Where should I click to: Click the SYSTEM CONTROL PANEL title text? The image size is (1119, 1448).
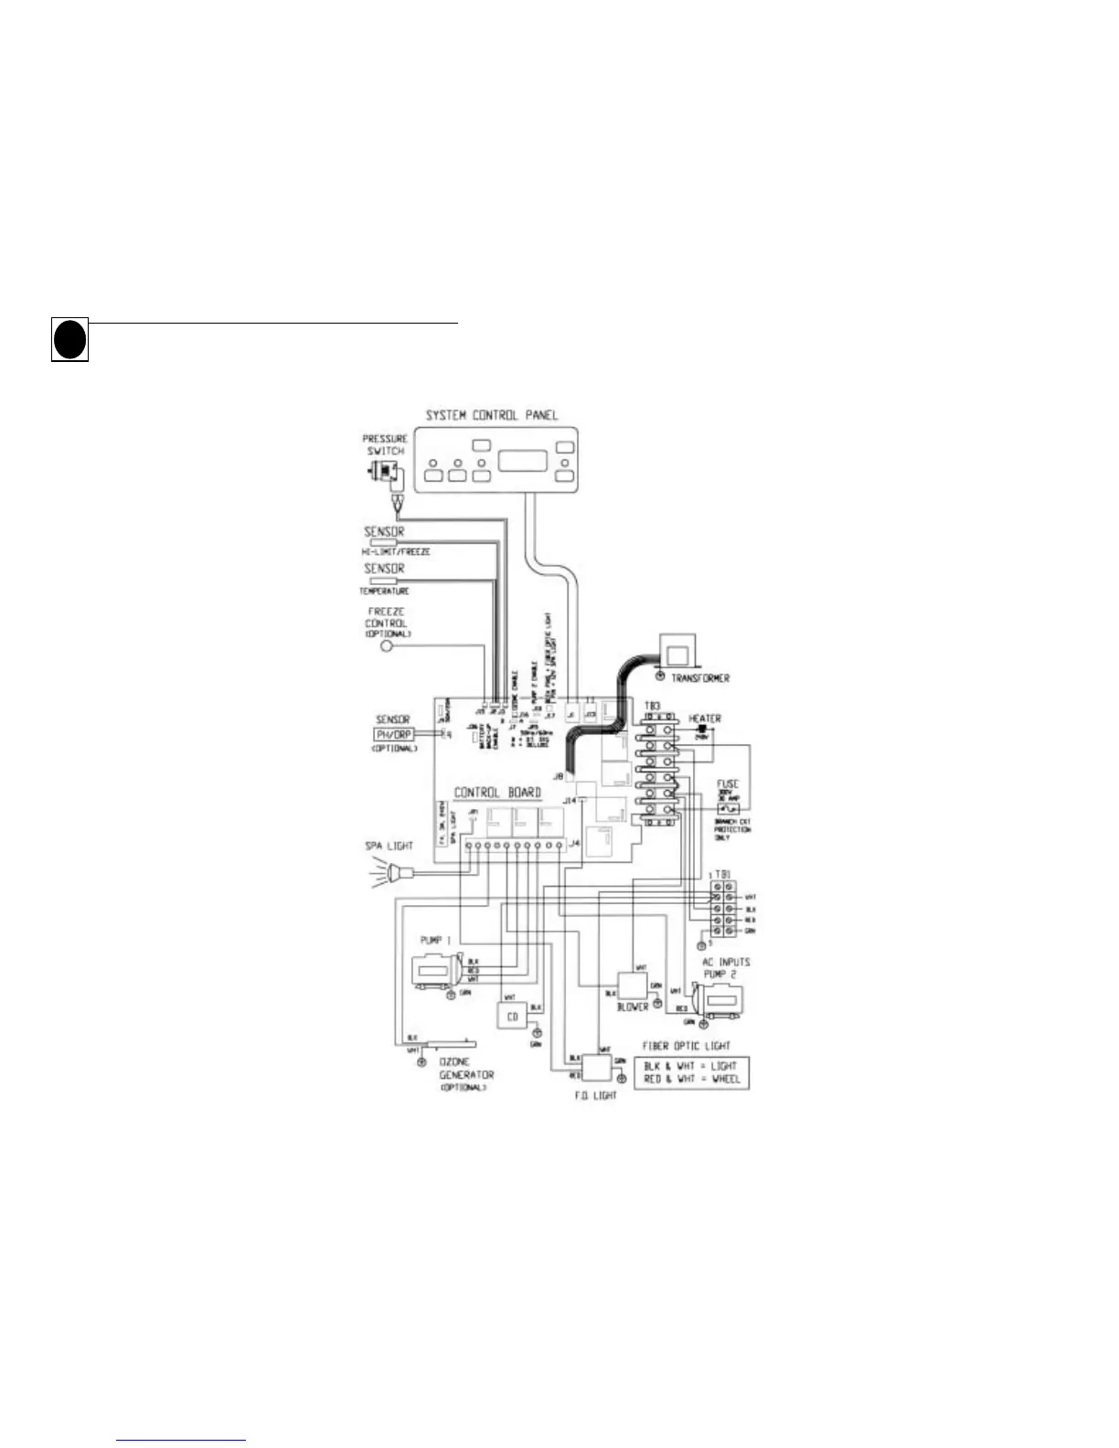[491, 415]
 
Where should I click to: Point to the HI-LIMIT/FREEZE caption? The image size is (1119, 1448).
[395, 552]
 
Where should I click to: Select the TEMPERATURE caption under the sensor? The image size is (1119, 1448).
[384, 591]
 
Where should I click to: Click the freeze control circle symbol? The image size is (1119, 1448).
[386, 646]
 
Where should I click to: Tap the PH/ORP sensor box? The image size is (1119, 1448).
[393, 734]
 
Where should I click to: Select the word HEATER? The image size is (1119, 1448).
[705, 719]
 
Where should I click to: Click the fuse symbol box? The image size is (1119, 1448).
[729, 810]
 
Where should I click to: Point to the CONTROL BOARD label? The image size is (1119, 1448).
[497, 793]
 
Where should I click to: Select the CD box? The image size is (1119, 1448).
[512, 1017]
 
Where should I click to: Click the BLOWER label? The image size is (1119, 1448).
[633, 1006]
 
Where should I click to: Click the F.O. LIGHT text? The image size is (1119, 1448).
[595, 1095]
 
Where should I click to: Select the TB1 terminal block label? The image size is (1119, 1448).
[722, 876]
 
